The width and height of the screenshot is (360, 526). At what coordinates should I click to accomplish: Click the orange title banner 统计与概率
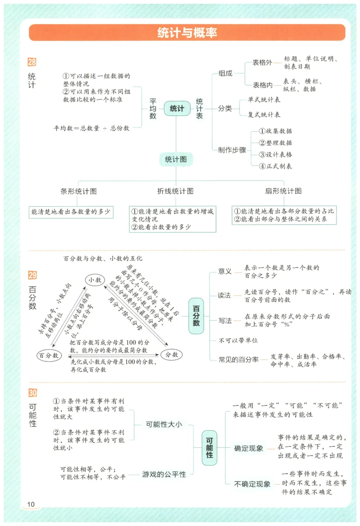(x=187, y=33)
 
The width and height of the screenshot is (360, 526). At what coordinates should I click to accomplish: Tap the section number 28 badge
(x=32, y=62)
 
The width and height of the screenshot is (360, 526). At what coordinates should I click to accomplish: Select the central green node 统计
(x=177, y=109)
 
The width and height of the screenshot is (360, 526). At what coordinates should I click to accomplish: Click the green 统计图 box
(x=176, y=159)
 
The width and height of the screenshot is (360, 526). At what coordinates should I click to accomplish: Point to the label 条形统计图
(x=79, y=191)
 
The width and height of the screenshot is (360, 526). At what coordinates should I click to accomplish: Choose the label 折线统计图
(x=175, y=191)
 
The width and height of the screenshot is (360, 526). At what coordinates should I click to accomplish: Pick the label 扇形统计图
(x=283, y=191)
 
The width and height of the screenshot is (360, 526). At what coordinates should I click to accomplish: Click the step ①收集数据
(x=275, y=131)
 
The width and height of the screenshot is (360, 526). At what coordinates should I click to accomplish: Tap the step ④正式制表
(x=275, y=166)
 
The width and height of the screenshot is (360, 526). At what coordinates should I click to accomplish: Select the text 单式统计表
(x=264, y=100)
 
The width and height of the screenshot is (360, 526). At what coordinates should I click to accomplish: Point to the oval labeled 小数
(x=94, y=280)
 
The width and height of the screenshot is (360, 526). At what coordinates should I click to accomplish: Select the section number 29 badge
(x=32, y=275)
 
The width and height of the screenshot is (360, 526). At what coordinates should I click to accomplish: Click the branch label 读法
(x=225, y=295)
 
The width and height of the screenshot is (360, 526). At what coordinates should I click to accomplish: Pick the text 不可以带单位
(x=238, y=340)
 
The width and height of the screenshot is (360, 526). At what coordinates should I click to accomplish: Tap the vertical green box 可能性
(x=209, y=448)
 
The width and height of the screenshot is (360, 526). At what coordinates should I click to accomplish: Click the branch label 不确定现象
(x=252, y=484)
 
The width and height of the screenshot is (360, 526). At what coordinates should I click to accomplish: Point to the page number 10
(x=31, y=504)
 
